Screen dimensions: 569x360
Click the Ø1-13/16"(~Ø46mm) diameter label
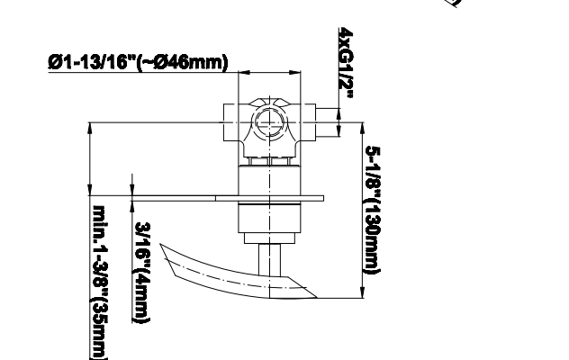138,62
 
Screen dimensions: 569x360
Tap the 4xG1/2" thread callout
346,63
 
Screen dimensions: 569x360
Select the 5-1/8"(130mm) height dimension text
373,211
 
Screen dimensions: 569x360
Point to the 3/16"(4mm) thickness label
142,273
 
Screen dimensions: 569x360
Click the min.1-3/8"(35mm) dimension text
99,283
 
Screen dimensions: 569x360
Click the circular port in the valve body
269,122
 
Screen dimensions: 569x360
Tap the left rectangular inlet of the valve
230,122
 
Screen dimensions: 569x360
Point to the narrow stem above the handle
269,260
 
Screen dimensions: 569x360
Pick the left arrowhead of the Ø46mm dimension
244,73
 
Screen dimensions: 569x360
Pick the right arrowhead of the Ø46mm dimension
295,73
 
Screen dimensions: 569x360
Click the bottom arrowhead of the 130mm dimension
363,292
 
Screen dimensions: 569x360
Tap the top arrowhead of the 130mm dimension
363,128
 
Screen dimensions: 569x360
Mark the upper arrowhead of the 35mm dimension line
90,128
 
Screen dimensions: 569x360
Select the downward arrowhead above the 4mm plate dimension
131,190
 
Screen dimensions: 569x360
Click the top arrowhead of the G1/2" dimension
339,113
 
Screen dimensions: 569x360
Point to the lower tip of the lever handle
317,298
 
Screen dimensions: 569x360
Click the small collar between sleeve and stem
269,238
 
